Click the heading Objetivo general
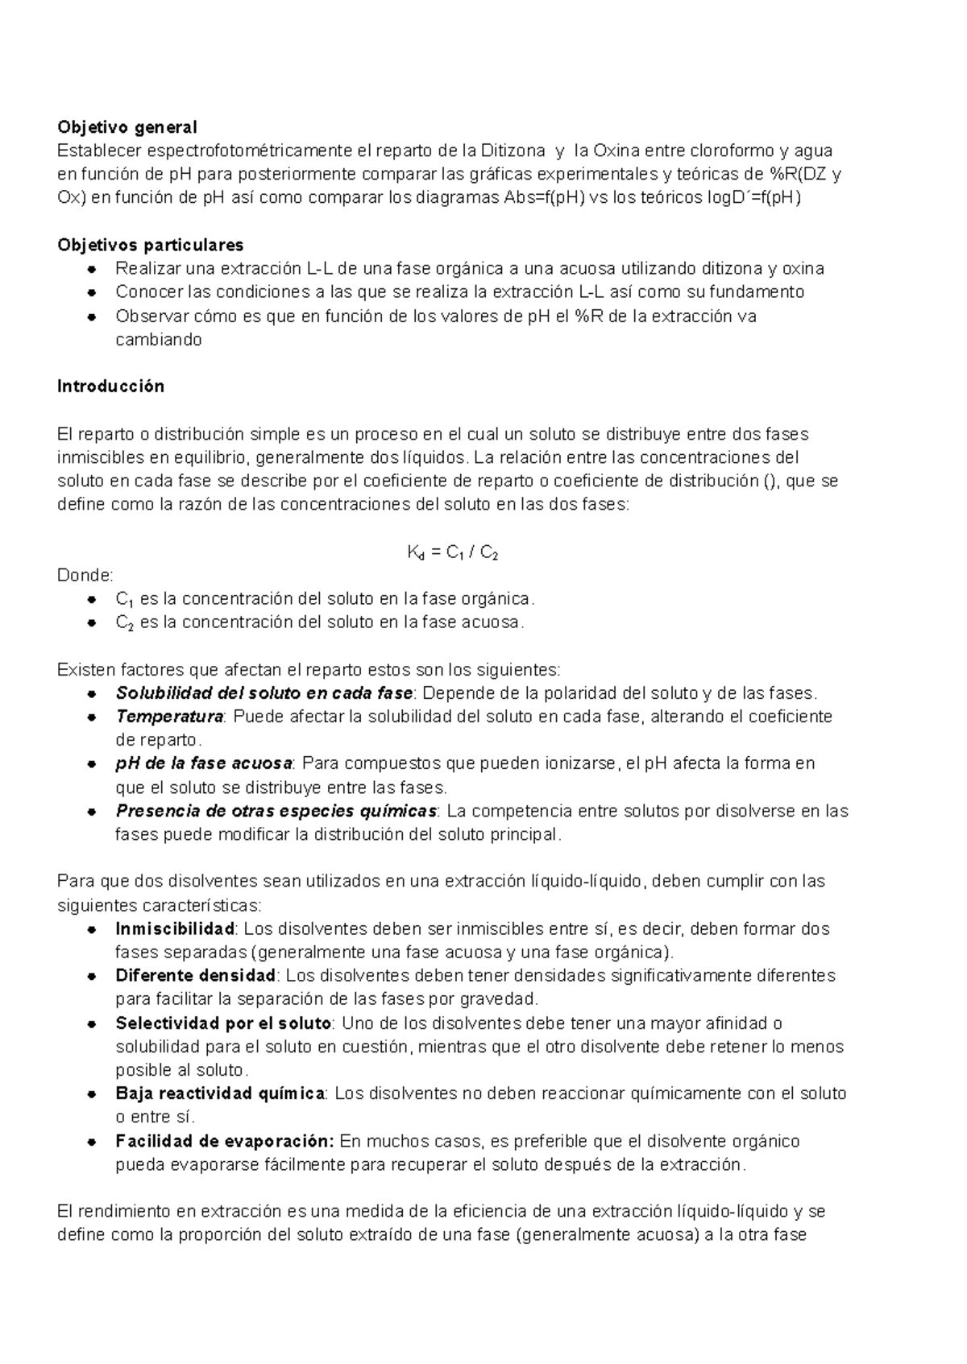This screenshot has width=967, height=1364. point(127,127)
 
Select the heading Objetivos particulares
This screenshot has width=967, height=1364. point(150,245)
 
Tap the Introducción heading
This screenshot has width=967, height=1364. point(110,386)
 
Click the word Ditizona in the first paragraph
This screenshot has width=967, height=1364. point(513,151)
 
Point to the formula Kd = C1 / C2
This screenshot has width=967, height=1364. point(455,553)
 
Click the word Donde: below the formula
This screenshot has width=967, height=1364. point(85,576)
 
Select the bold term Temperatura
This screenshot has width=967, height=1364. point(169,717)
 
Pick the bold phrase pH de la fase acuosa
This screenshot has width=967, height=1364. point(204,763)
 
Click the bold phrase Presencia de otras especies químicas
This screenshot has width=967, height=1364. point(276,811)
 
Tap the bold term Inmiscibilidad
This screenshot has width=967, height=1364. point(175,928)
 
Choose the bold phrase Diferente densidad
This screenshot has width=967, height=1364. point(196,976)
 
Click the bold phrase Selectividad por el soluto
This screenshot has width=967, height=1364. point(223,1023)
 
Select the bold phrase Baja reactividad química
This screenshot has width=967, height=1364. point(220,1093)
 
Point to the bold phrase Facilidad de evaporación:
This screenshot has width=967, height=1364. point(224,1141)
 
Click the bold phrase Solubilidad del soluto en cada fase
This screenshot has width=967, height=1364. point(264,693)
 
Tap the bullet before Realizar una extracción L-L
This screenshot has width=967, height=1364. point(93,269)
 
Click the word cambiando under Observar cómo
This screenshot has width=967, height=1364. point(158,340)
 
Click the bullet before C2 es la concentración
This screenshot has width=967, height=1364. point(93,622)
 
